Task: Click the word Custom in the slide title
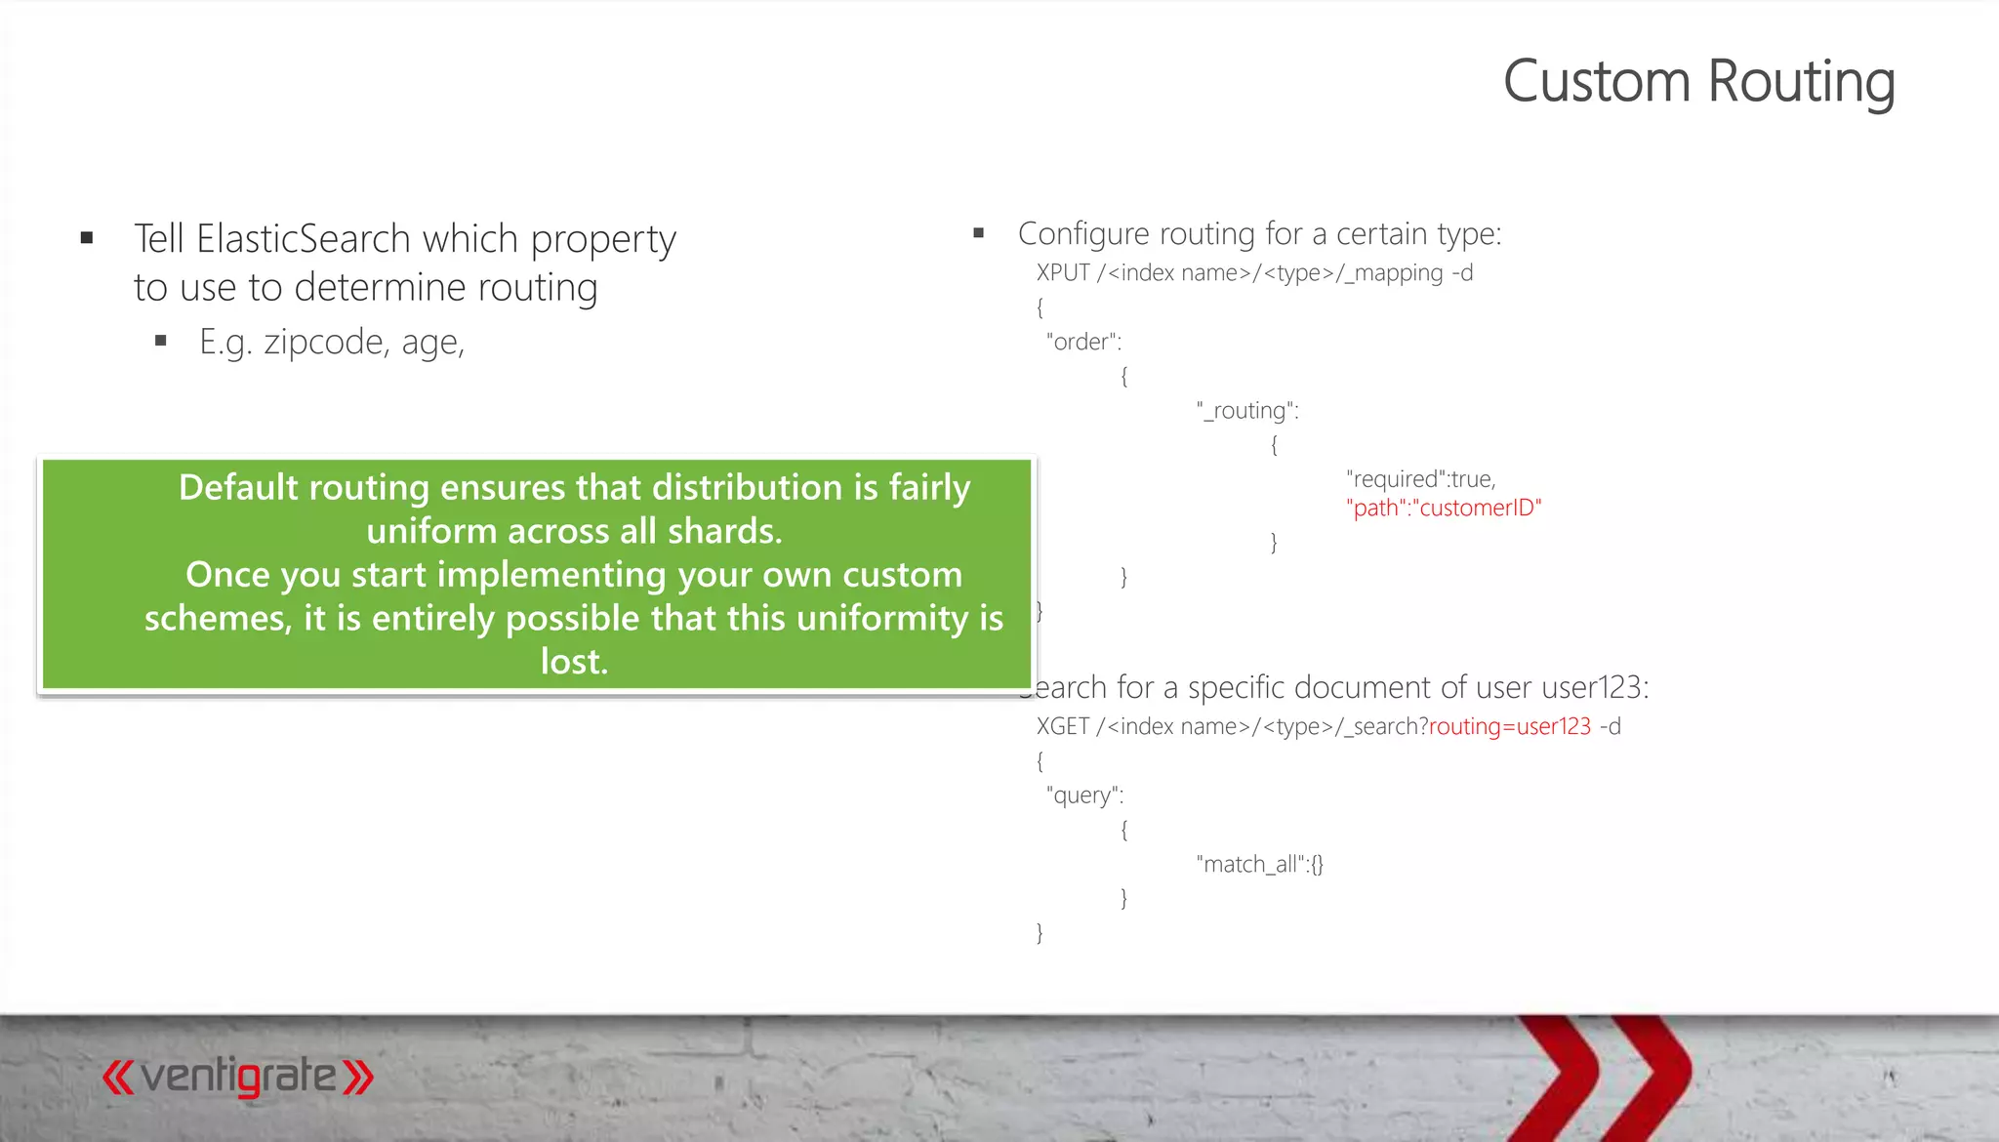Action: (1596, 82)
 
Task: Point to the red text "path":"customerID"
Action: (1444, 508)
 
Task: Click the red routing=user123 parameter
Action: (1509, 726)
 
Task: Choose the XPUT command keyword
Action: (1063, 273)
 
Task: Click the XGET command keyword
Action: (1063, 726)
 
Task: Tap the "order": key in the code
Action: (1083, 342)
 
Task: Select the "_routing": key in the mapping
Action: (1247, 411)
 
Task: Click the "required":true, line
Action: (1420, 479)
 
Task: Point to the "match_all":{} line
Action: (1259, 864)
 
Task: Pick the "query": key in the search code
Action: (1084, 795)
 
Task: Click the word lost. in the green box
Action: (574, 662)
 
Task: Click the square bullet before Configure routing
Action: (978, 233)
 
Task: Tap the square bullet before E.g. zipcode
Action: (161, 341)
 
